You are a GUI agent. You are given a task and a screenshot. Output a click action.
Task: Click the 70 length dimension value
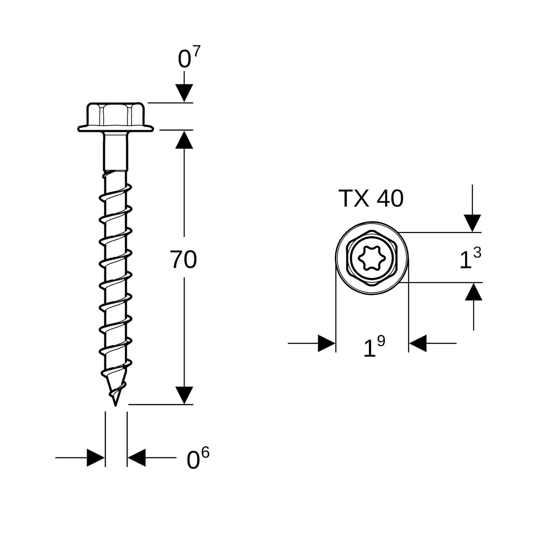[183, 260]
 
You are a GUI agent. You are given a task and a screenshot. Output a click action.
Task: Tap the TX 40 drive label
[372, 198]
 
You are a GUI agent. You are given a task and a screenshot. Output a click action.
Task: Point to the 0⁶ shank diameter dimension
[198, 459]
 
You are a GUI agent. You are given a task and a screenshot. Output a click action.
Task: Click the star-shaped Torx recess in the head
[372, 258]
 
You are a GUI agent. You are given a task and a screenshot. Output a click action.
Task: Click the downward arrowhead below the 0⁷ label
[184, 93]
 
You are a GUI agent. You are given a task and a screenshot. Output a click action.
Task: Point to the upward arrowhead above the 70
[184, 140]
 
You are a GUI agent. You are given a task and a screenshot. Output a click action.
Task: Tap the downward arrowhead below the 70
[184, 395]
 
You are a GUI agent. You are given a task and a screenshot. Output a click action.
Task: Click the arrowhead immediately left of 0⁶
[136, 457]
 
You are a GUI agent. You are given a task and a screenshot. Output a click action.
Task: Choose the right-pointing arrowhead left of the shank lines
[96, 457]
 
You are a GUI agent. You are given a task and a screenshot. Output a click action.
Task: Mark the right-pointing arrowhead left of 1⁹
[327, 343]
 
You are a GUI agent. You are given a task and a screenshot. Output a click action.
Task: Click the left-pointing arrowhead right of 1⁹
[418, 343]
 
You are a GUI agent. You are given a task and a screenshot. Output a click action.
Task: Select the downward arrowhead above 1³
[472, 223]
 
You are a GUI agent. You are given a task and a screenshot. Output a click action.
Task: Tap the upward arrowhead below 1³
[473, 292]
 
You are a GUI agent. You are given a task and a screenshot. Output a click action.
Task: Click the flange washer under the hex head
[115, 128]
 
